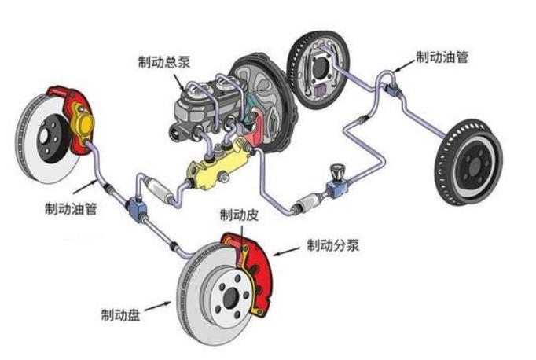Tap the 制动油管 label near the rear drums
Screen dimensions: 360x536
tap(442, 57)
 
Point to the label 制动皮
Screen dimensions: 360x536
tap(237, 215)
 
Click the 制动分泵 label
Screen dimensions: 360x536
tap(333, 245)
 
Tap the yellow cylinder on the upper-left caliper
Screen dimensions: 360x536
tap(82, 124)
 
